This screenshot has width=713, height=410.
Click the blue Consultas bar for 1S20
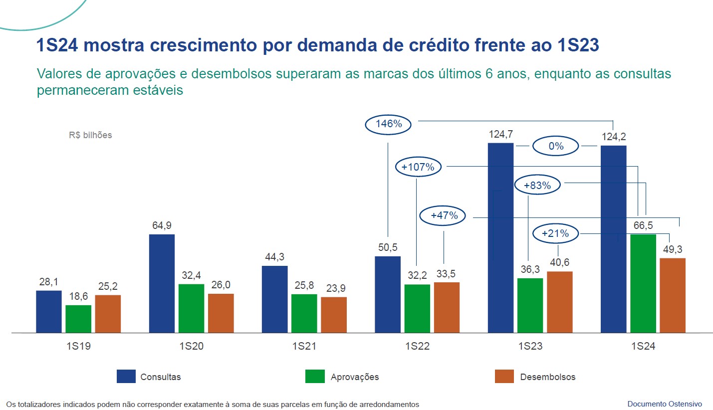tap(162, 283)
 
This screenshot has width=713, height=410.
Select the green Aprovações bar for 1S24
tap(643, 283)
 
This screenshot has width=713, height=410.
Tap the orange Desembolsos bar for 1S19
tap(108, 313)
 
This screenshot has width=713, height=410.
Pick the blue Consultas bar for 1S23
tap(500, 237)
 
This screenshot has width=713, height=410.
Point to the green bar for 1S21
tap(304, 313)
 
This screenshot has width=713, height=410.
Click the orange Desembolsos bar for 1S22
tap(447, 307)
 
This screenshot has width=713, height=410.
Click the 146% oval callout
tap(388, 124)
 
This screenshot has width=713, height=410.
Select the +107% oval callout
tap(418, 168)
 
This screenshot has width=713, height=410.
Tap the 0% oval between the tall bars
tap(556, 147)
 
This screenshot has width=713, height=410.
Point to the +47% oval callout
tap(442, 216)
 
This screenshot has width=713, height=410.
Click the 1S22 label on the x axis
tap(417, 347)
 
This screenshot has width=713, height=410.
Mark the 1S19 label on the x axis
tap(78, 347)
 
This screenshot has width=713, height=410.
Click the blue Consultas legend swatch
tap(126, 377)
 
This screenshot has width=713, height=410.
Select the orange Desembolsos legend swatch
tap(504, 377)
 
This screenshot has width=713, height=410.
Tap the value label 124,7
tap(500, 134)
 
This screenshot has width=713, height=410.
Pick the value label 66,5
tap(643, 225)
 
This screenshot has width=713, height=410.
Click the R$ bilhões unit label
tap(90, 135)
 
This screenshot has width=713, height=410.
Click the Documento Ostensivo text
tap(664, 404)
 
